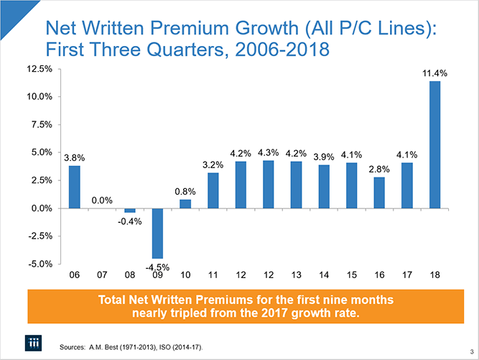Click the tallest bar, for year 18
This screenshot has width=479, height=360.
pos(434,144)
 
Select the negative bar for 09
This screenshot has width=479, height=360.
pos(157,233)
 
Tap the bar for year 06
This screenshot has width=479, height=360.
pos(74,187)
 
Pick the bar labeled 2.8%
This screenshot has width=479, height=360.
pos(379,193)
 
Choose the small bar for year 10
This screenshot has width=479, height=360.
pos(185,203)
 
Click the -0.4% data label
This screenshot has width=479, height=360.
pos(131,221)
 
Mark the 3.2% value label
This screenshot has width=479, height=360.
pos(213,165)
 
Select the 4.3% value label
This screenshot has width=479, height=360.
pos(268,152)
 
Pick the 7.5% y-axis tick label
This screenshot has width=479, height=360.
pos(39,124)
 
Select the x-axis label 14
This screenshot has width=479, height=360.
pos(324,275)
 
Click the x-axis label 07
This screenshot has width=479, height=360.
pos(102,275)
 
